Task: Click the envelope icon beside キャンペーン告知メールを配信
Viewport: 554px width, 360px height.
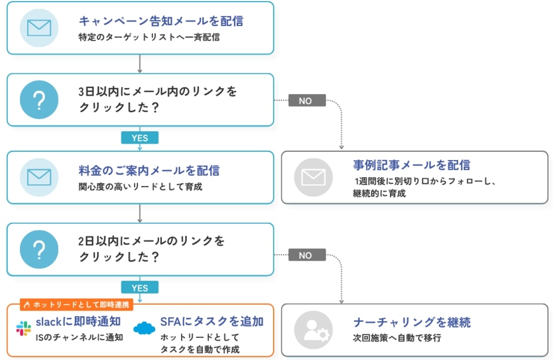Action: click(x=39, y=28)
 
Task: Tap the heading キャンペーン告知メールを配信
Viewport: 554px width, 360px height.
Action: click(x=161, y=21)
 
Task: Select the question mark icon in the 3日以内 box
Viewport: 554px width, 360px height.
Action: click(x=39, y=100)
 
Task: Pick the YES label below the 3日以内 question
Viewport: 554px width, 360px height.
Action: click(x=140, y=138)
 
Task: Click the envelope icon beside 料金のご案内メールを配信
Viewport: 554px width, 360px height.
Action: click(x=39, y=177)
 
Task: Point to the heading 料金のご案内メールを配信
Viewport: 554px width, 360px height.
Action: click(x=149, y=170)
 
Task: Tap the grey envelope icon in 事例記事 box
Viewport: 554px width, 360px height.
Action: click(x=313, y=177)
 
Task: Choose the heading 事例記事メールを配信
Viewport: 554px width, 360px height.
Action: click(x=411, y=165)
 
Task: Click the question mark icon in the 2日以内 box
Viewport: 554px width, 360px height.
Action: click(x=39, y=250)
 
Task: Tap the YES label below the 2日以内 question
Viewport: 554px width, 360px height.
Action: click(x=140, y=288)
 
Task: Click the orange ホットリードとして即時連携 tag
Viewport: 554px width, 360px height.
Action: click(x=77, y=304)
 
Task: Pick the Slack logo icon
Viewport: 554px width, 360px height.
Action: click(x=24, y=328)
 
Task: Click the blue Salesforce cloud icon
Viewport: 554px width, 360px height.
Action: click(x=144, y=328)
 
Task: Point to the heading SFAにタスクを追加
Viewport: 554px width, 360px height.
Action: click(x=212, y=322)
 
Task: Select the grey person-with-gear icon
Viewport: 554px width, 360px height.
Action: click(x=313, y=330)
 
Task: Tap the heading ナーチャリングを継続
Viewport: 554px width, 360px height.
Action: click(x=412, y=322)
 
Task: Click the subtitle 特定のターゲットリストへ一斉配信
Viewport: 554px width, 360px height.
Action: click(x=149, y=37)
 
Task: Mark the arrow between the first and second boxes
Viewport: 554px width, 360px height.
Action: click(x=140, y=64)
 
